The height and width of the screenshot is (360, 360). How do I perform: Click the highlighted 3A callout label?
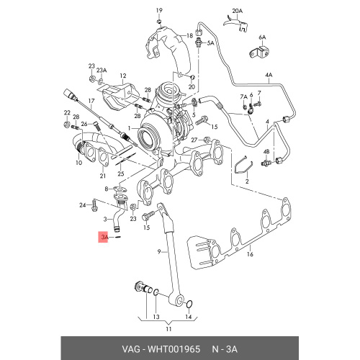(x=103, y=238)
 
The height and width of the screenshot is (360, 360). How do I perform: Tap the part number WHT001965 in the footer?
(x=174, y=349)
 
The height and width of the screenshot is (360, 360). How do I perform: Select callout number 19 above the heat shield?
(x=159, y=11)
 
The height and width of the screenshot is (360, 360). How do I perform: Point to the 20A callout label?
(x=238, y=11)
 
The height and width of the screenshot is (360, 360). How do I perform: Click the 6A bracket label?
(x=262, y=37)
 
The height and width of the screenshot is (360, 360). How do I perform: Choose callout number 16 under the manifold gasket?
(x=250, y=254)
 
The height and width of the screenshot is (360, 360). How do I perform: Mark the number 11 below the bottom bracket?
(x=168, y=329)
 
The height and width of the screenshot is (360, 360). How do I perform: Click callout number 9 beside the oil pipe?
(x=159, y=251)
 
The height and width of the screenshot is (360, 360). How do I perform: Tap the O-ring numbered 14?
(x=189, y=305)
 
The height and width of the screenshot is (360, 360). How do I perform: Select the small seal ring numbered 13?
(x=156, y=292)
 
